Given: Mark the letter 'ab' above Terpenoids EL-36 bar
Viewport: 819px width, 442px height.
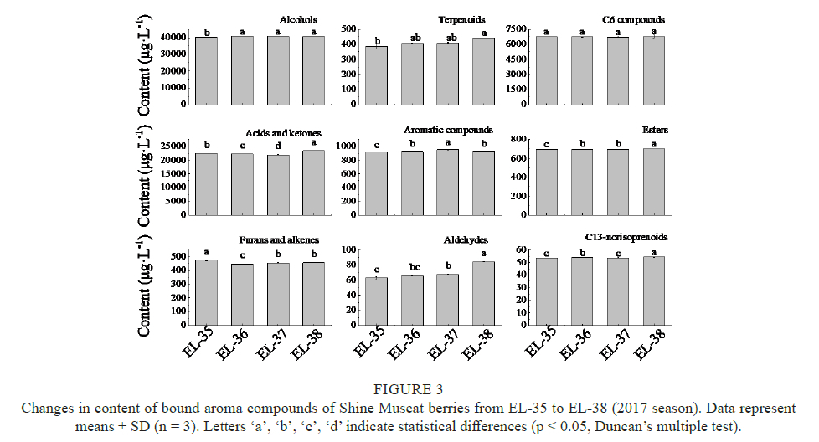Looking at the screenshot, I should click(x=414, y=36).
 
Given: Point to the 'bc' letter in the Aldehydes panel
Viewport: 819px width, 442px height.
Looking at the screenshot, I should click(x=414, y=268).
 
